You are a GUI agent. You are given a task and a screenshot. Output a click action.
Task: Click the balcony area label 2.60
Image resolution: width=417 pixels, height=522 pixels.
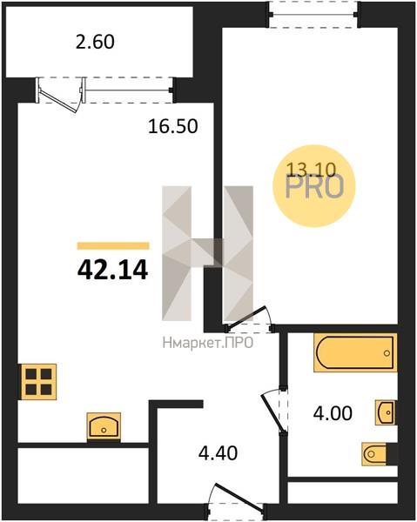[95, 43]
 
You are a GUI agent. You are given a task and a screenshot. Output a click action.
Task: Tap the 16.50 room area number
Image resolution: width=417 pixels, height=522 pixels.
[173, 126]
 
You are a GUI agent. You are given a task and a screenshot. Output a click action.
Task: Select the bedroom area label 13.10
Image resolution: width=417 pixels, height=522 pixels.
[311, 171]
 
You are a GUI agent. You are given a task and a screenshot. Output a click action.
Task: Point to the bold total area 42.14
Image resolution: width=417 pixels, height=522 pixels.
[112, 270]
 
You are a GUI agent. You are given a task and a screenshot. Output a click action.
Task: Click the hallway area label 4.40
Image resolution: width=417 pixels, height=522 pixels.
[218, 453]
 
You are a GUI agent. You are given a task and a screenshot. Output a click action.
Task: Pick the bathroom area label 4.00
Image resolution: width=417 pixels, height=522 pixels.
[333, 414]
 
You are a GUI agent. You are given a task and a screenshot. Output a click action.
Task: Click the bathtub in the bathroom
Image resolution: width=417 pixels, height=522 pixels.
[355, 352]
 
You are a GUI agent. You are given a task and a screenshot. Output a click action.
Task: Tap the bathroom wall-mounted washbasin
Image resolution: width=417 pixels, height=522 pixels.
[387, 412]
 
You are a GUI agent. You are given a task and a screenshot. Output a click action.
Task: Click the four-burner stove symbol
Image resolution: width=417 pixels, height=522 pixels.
[38, 382]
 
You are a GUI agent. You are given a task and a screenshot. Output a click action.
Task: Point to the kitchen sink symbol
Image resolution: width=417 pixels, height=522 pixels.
[104, 426]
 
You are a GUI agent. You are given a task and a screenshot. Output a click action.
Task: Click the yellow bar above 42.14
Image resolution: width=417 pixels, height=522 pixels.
[113, 246]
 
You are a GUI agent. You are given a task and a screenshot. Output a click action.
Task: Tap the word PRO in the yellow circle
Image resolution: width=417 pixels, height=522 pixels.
[314, 187]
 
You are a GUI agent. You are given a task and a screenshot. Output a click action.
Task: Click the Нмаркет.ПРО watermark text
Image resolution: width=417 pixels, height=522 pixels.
[208, 343]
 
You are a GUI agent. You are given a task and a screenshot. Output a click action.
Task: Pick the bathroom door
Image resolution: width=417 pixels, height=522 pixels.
[274, 412]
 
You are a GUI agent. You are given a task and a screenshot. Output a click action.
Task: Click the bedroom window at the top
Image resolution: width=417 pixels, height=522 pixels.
[313, 14]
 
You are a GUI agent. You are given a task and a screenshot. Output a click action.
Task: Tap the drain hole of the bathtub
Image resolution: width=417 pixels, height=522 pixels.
[387, 353]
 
